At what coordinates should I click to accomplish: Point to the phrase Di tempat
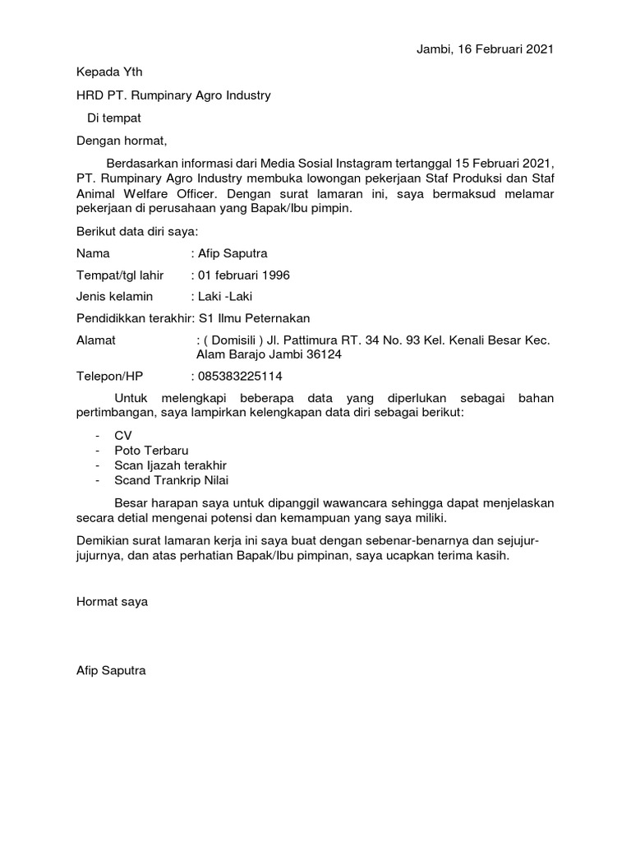click(x=114, y=118)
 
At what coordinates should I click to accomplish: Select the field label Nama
click(x=93, y=253)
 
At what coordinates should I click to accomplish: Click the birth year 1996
click(x=274, y=275)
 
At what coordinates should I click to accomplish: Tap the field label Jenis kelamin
click(x=115, y=296)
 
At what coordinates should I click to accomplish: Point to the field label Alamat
click(x=96, y=340)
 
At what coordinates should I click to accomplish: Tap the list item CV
click(x=123, y=435)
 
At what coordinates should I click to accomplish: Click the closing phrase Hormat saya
click(x=112, y=602)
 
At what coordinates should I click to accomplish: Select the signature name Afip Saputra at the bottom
click(x=111, y=671)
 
